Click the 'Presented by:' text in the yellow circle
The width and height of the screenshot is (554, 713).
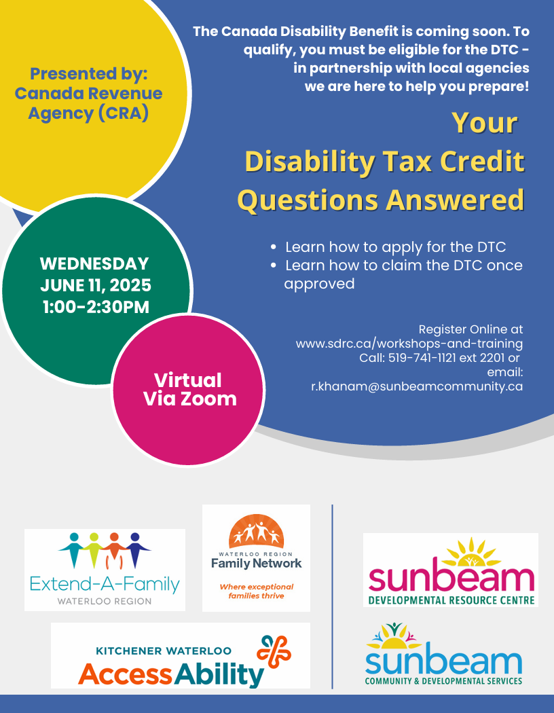(x=89, y=73)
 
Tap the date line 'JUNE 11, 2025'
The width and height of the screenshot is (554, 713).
(x=96, y=285)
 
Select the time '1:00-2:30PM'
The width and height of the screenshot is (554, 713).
(x=96, y=307)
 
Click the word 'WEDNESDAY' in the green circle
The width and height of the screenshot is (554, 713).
(x=94, y=263)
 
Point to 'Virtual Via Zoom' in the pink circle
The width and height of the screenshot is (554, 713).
(x=189, y=390)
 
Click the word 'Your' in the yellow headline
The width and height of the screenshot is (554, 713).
(x=485, y=123)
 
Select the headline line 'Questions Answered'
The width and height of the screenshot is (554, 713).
(x=381, y=200)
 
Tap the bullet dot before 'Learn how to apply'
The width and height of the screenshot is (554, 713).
(x=273, y=247)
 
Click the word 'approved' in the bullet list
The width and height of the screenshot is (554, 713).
(x=319, y=284)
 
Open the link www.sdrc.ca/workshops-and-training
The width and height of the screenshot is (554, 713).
(x=409, y=344)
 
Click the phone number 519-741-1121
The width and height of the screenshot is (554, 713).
(x=422, y=358)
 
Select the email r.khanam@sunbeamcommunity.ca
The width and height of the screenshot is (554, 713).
(x=417, y=386)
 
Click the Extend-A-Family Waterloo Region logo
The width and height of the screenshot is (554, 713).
(x=105, y=570)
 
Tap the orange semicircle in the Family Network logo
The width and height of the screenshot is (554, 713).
(x=257, y=531)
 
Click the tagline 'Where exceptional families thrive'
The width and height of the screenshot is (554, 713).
(x=257, y=591)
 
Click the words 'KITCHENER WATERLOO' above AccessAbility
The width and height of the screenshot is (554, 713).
(x=164, y=651)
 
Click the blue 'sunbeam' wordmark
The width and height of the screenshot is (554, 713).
(x=443, y=662)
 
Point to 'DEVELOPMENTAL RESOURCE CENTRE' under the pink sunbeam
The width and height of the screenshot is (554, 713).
(x=451, y=600)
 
